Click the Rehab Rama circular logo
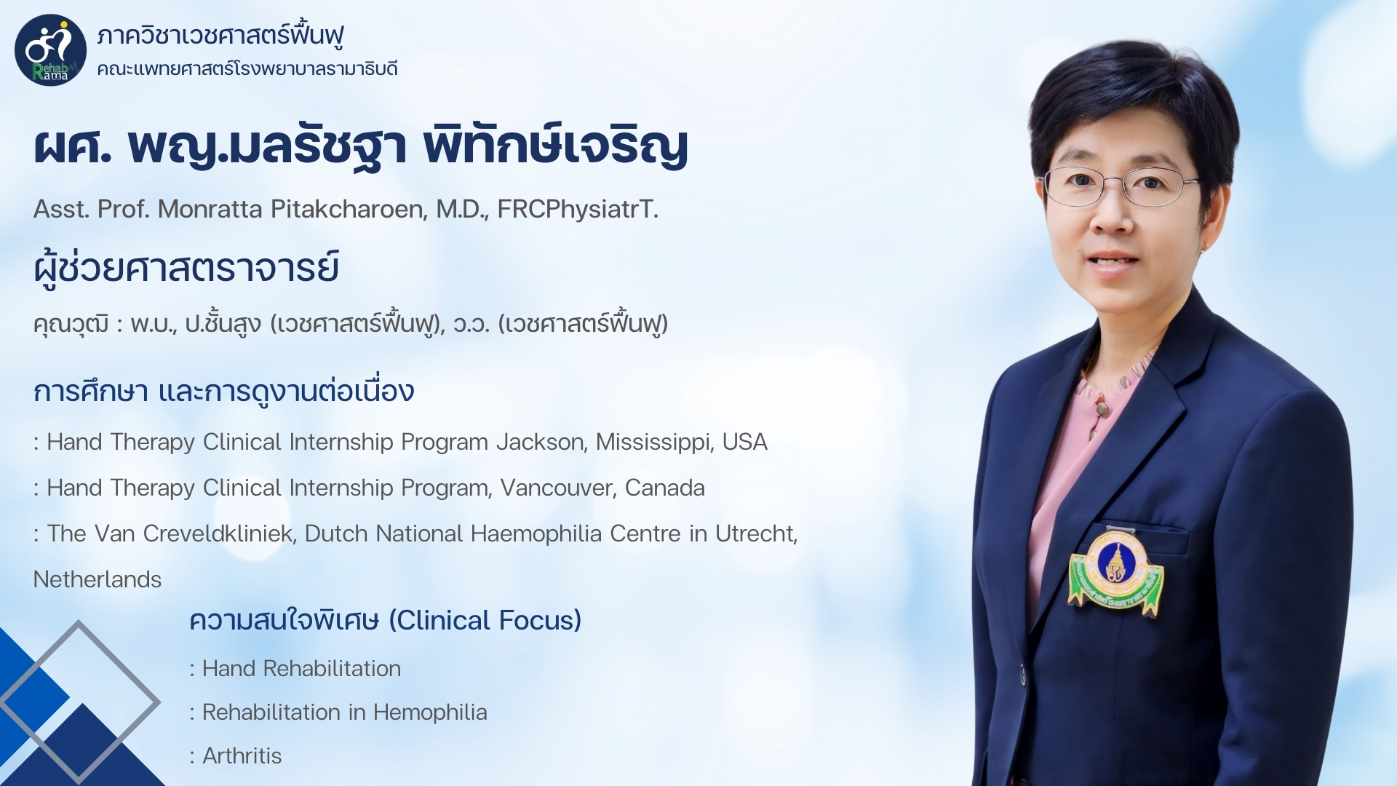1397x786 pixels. click(x=50, y=50)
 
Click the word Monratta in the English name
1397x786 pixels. click(x=210, y=210)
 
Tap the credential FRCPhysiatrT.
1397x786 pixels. click(x=578, y=210)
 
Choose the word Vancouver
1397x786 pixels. click(x=558, y=488)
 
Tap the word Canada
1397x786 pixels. click(x=665, y=488)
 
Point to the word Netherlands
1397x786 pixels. click(x=97, y=580)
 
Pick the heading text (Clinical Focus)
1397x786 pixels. click(x=485, y=621)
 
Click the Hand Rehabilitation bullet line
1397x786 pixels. click(x=295, y=669)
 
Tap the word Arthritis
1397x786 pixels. click(x=242, y=757)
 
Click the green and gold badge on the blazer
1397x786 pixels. click(x=1115, y=571)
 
